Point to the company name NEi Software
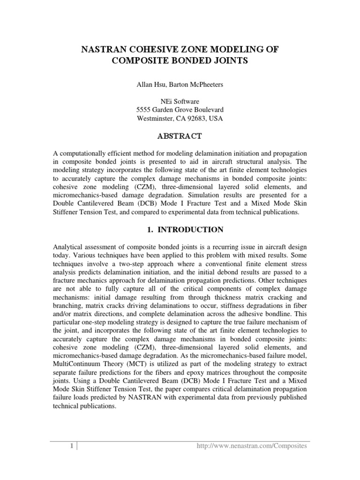tap(180, 101)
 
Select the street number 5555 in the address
tap(144, 110)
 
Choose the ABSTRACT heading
tap(180, 136)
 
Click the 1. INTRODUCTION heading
tap(180, 230)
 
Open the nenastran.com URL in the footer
tap(251, 446)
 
